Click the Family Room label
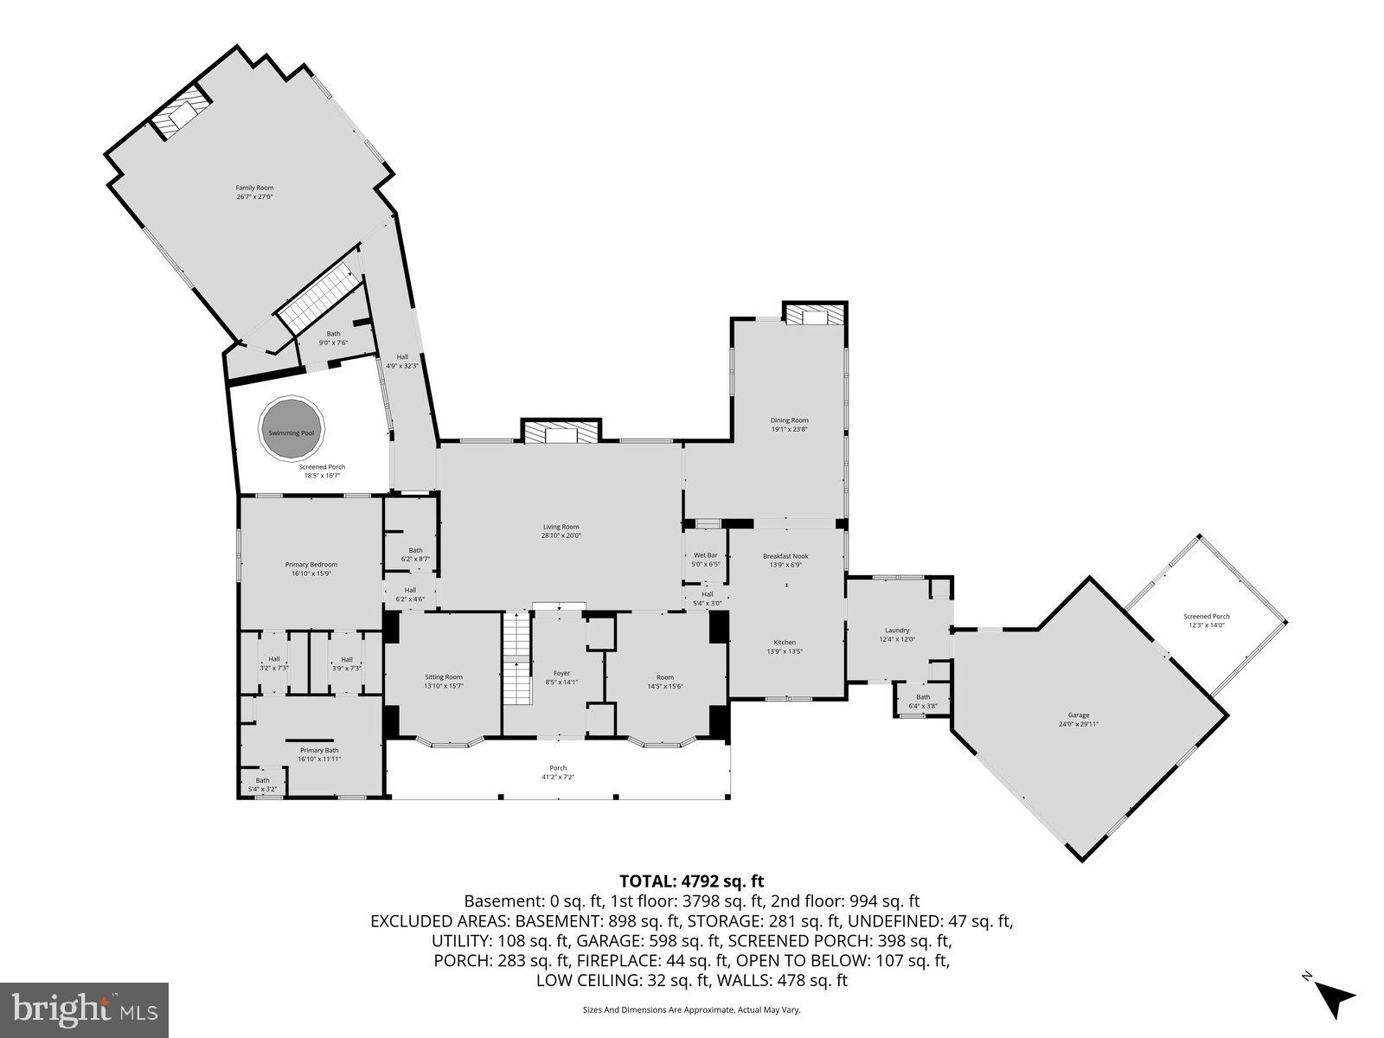point(254,188)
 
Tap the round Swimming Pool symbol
point(292,432)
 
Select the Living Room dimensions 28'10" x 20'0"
point(561,535)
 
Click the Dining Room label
point(789,420)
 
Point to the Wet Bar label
point(706,555)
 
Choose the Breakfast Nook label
point(785,556)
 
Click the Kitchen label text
point(785,642)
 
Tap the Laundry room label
point(897,630)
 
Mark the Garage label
point(1078,714)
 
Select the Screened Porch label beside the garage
point(1207,617)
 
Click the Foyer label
point(561,673)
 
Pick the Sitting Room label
point(443,677)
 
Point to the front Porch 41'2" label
point(558,768)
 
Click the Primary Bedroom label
point(311,565)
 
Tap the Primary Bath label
point(319,750)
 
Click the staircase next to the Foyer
point(516,657)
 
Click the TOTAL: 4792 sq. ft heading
point(691,881)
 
